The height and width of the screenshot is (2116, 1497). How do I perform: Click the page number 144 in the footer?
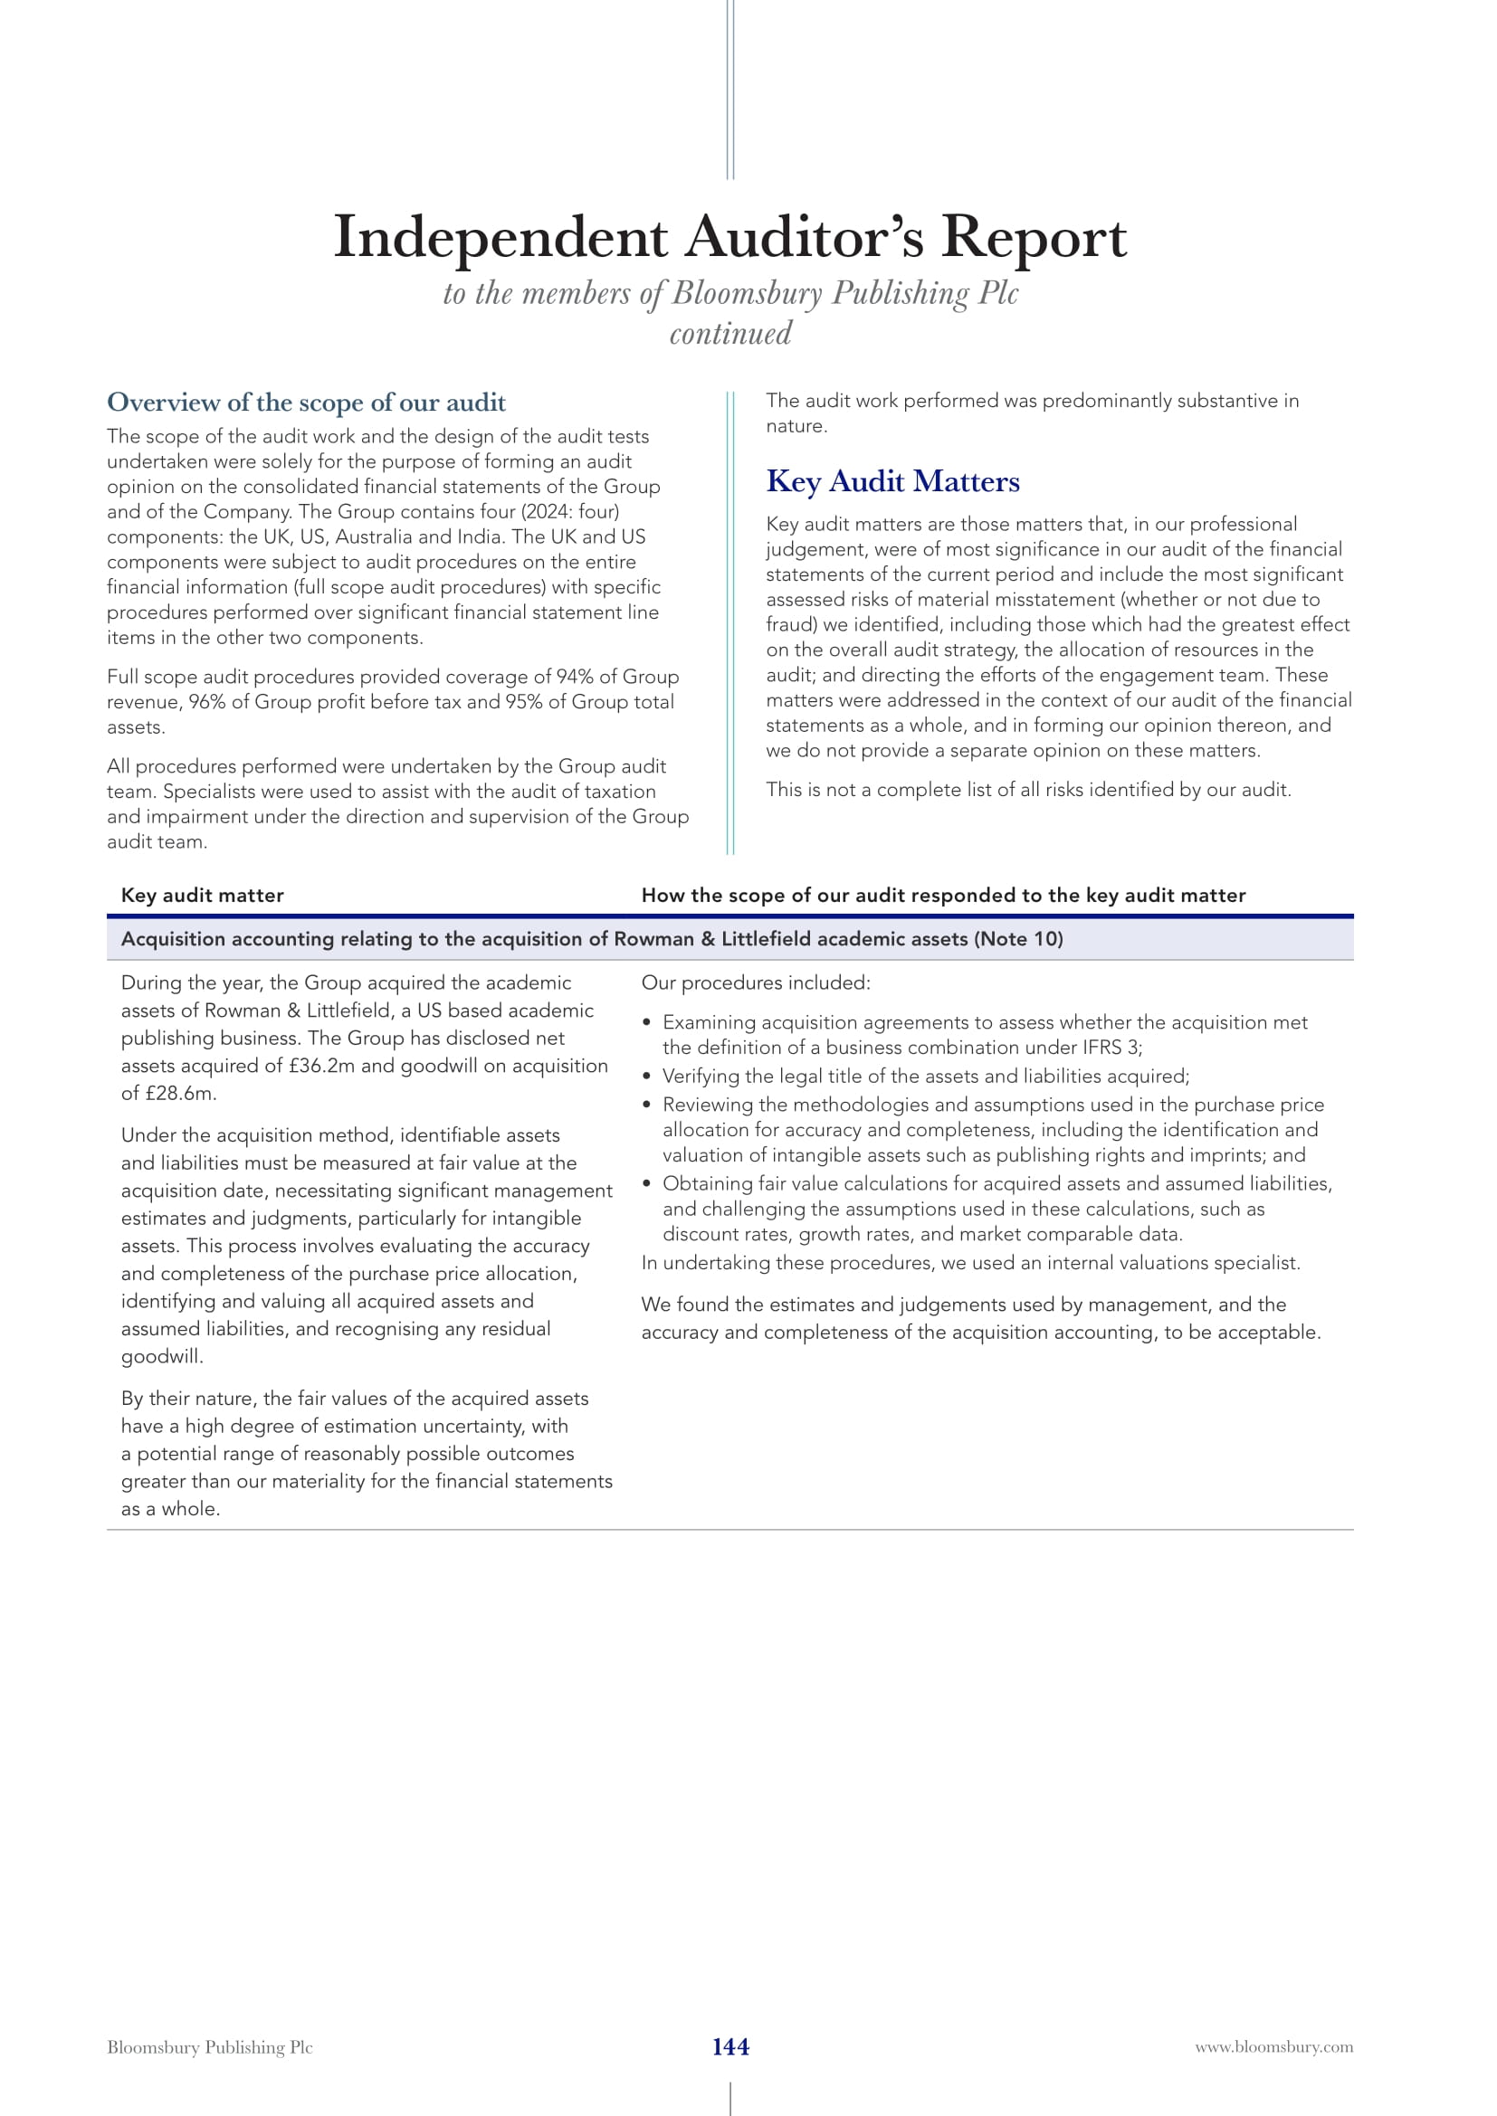tap(730, 2046)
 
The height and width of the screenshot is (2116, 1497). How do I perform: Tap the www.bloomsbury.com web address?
tap(1274, 2047)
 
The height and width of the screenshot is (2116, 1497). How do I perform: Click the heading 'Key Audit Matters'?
tap(892, 481)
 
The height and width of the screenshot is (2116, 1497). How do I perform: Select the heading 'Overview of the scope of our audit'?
tap(306, 402)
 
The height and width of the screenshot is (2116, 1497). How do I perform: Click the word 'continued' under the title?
tap(730, 334)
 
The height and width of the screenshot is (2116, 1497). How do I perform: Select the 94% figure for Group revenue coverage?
tap(573, 677)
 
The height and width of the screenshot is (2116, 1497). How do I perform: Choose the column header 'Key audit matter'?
tap(202, 895)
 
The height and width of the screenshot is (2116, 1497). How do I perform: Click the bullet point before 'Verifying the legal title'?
tap(647, 1077)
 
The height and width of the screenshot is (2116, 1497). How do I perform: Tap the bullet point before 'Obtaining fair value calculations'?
tap(647, 1184)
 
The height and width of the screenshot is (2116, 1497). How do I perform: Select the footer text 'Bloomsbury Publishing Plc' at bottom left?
tap(209, 2047)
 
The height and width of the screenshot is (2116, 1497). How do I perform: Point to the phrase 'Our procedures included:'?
tap(755, 983)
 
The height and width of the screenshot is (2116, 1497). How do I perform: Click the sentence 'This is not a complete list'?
tap(1028, 790)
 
